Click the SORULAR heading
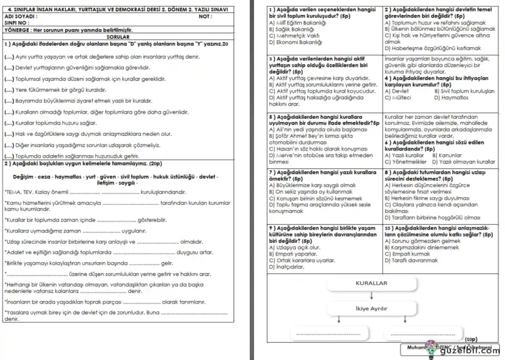(x=118, y=37)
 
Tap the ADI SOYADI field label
(x=21, y=16)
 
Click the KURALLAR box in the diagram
(x=371, y=282)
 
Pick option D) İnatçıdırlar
(x=289, y=267)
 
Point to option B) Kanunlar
(x=454, y=156)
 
